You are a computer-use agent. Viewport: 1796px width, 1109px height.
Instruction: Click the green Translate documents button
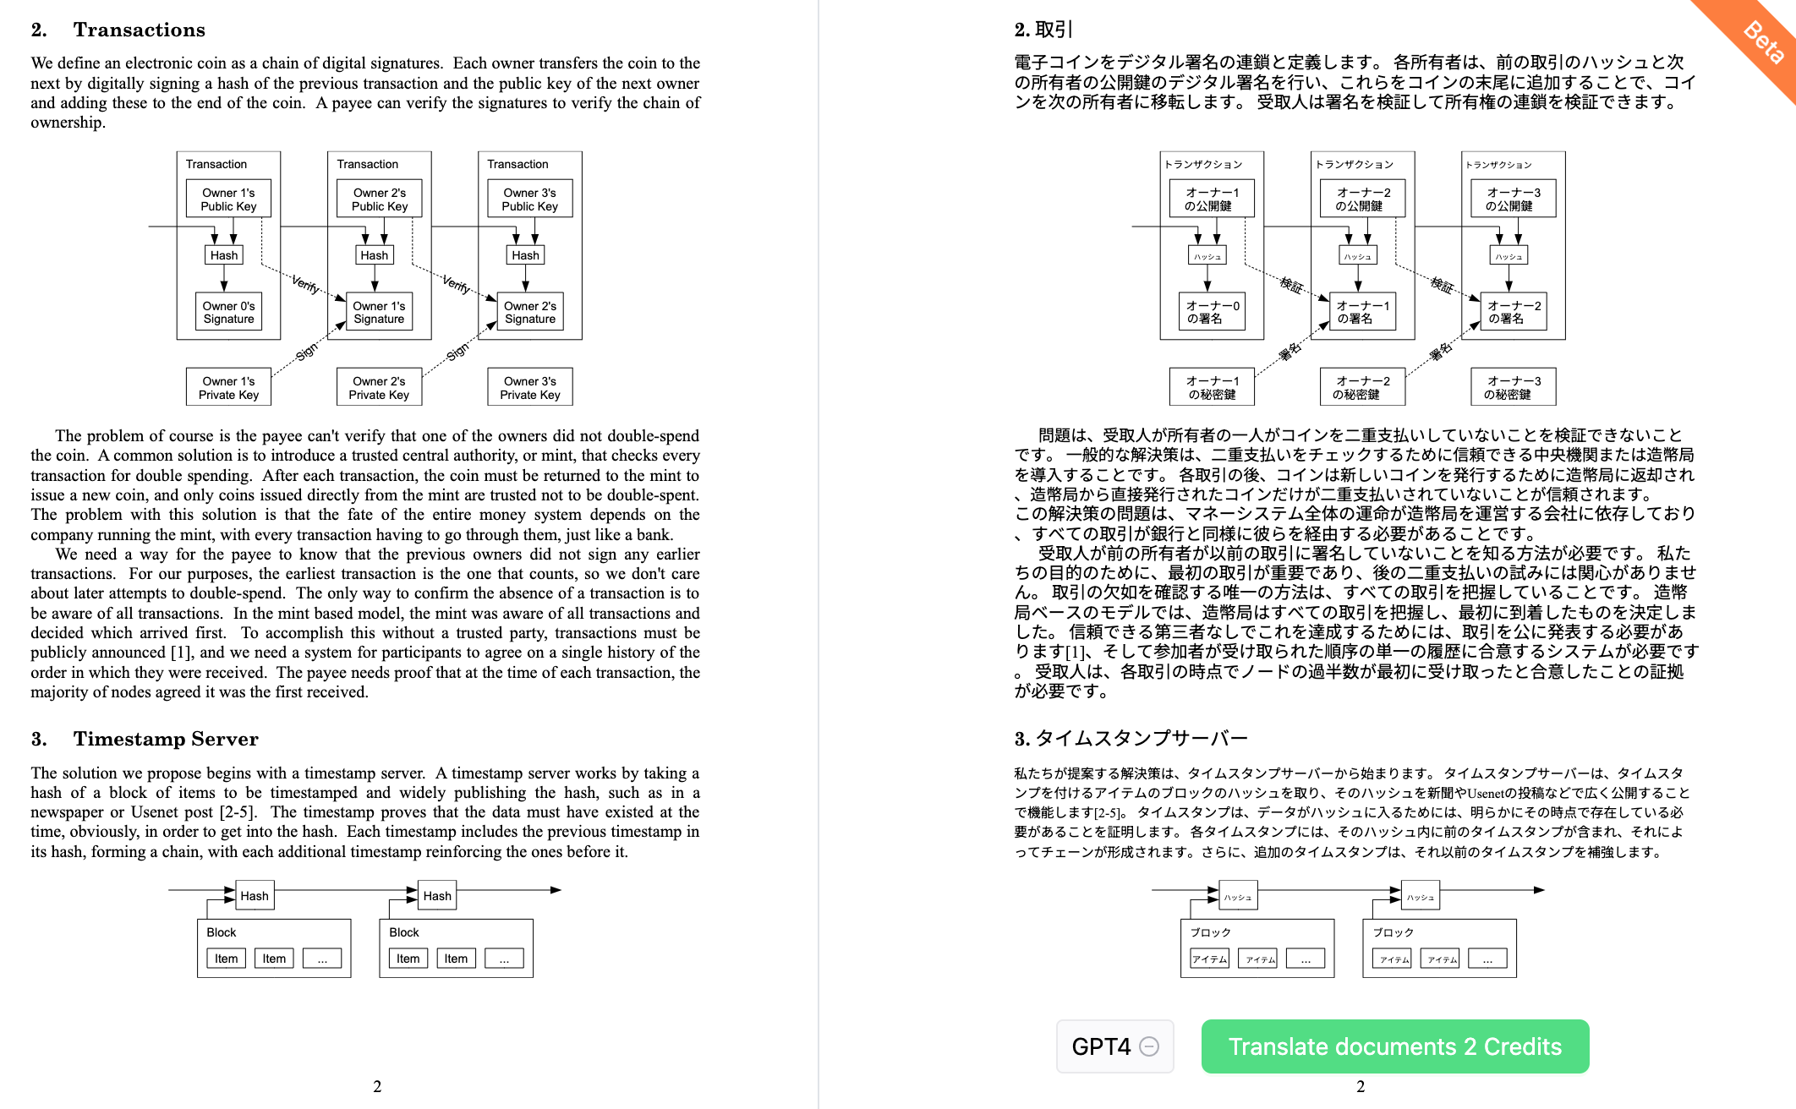click(1394, 1046)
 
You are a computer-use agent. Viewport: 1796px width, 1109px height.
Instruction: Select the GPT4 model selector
click(1114, 1046)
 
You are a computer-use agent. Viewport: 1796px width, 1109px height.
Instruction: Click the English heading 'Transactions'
click(139, 30)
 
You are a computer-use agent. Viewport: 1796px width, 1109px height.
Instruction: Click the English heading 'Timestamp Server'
click(165, 739)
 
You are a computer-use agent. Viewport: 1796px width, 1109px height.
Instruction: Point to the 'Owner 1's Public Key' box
click(228, 199)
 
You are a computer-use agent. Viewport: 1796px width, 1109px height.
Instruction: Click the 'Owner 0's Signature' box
click(228, 313)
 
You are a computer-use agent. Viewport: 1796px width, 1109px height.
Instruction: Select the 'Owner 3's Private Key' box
click(530, 388)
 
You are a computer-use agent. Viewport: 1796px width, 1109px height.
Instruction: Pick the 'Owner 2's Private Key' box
click(379, 388)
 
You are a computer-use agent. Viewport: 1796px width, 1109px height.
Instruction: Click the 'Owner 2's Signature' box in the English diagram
click(530, 313)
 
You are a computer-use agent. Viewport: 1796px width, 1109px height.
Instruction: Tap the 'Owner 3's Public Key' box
click(530, 199)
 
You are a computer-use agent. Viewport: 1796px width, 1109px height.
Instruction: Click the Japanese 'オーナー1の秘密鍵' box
click(1212, 388)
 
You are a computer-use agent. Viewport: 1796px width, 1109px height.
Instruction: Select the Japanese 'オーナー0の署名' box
click(1212, 313)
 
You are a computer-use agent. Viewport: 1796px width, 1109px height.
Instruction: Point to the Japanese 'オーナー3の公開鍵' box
click(1514, 199)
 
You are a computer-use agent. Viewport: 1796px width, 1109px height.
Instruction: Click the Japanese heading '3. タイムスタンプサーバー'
click(1131, 739)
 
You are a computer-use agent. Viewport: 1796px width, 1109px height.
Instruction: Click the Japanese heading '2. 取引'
click(1043, 30)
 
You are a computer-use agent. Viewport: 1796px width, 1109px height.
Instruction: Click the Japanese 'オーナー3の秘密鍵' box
click(1514, 388)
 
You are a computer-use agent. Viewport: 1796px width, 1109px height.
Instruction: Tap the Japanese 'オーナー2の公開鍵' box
click(1363, 199)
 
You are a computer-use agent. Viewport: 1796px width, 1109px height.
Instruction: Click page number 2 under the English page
click(377, 1086)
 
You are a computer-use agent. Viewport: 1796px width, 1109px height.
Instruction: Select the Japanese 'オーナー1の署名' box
click(1362, 313)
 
